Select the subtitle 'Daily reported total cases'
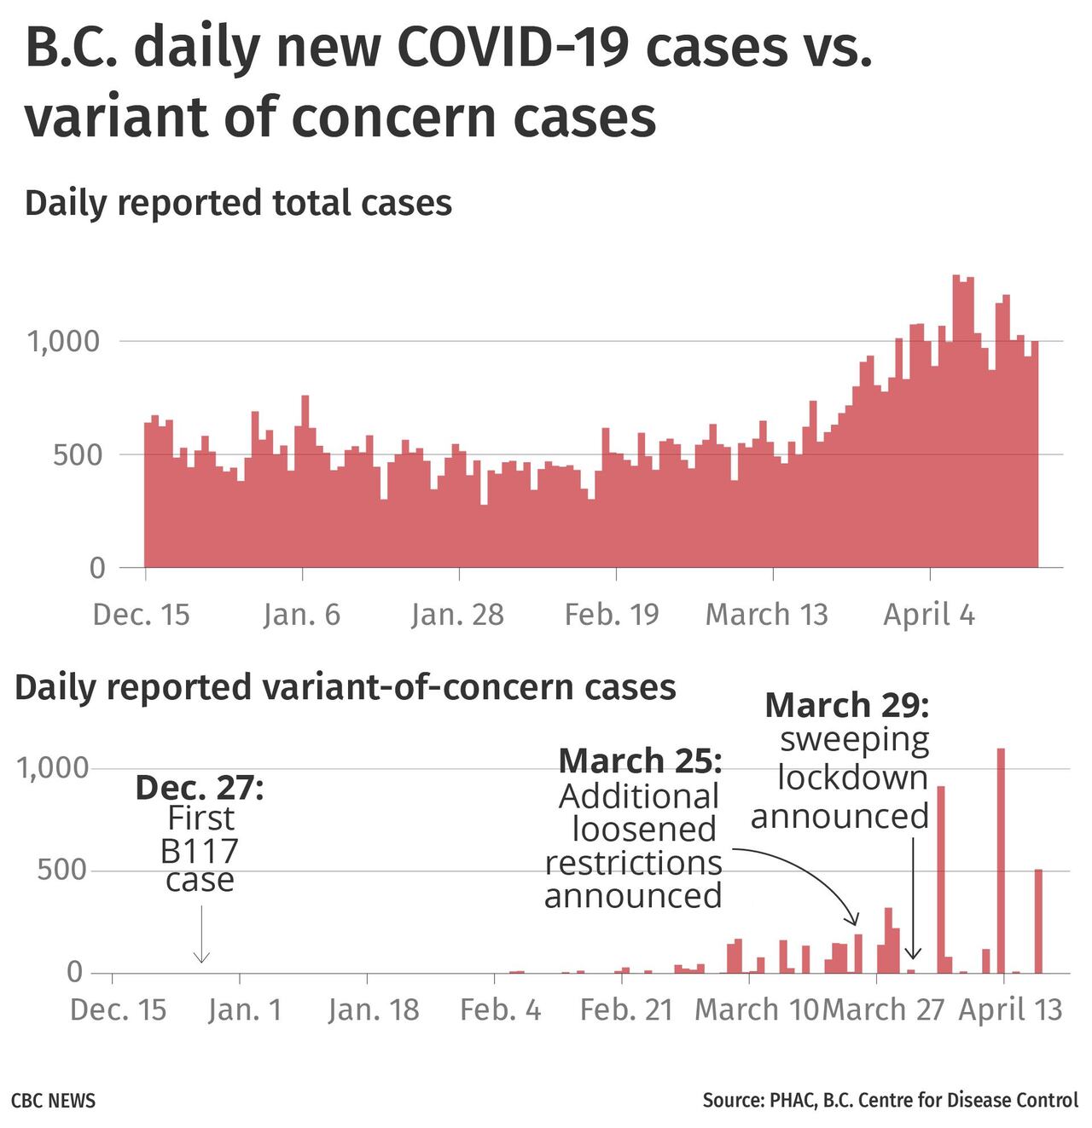tap(238, 203)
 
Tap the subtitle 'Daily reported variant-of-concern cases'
tap(346, 687)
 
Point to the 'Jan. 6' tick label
tap(302, 615)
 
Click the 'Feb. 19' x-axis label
tap(612, 615)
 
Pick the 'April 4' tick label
tap(928, 615)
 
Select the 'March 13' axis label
tap(766, 615)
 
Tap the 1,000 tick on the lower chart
tap(53, 768)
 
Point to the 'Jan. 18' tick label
tap(374, 1010)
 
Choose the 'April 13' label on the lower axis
tap(1011, 1010)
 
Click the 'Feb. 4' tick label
tap(500, 1010)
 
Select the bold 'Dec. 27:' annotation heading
tap(200, 788)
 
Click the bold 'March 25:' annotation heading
tap(640, 760)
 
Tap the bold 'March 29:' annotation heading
tap(846, 706)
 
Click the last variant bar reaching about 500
tap(1038, 921)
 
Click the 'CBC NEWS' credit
tap(53, 1100)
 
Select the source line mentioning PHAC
tap(890, 1100)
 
